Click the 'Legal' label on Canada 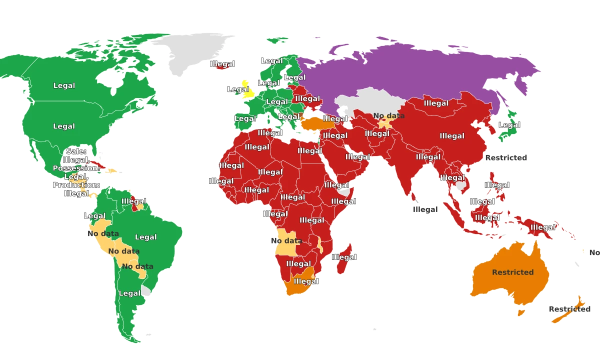[x=64, y=85]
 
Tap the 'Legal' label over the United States [x=64, y=126]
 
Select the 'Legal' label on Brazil [x=146, y=237]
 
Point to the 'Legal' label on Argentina [x=129, y=293]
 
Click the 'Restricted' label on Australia [x=512, y=272]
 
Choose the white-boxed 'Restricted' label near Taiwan [x=506, y=157]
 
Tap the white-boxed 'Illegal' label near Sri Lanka [x=425, y=209]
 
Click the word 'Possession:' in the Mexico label [x=76, y=168]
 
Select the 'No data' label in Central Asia [x=388, y=115]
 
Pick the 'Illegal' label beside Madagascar [x=343, y=257]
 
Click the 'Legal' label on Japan [x=509, y=125]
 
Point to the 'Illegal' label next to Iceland [x=222, y=64]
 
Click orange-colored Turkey [x=312, y=123]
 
